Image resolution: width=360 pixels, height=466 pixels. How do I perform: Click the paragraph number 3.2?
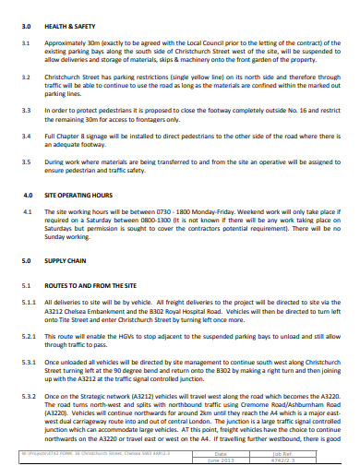click(27, 77)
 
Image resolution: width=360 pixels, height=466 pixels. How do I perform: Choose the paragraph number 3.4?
click(27, 135)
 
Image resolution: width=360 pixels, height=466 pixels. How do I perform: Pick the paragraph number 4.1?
click(27, 212)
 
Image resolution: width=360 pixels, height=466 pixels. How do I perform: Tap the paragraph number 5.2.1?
click(29, 336)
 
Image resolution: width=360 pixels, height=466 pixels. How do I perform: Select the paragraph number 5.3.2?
click(29, 395)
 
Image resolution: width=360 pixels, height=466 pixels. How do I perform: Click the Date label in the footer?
click(220, 453)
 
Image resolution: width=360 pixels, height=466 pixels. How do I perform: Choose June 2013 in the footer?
click(220, 460)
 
